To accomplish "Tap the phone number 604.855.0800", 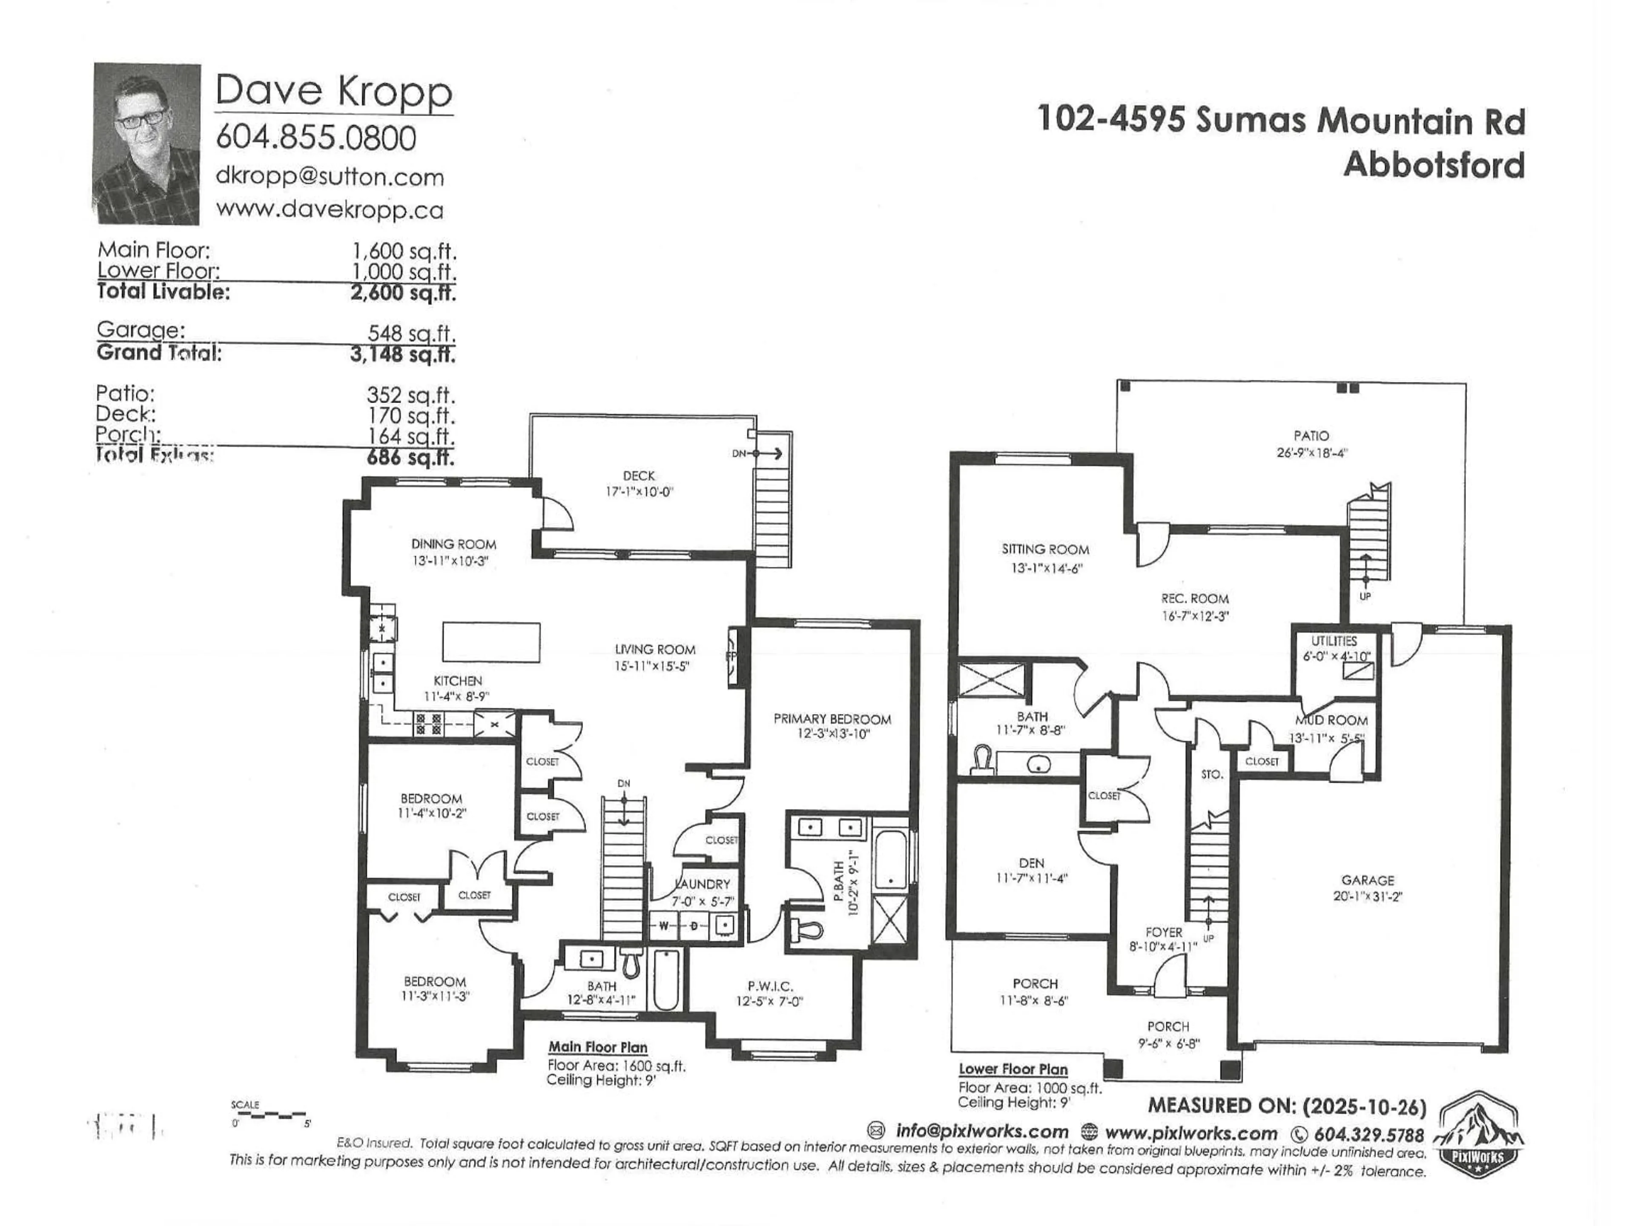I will point(316,137).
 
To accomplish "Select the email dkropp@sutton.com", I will point(330,178).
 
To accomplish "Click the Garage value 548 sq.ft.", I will point(412,333).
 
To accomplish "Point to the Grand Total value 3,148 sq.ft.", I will point(403,354).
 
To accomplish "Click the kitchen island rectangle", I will point(491,642).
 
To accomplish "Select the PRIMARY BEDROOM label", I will point(832,718).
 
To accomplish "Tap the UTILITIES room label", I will point(1334,641).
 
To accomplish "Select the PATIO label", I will point(1311,436).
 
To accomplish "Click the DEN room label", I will point(1031,862).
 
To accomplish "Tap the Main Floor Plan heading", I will point(597,1047).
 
